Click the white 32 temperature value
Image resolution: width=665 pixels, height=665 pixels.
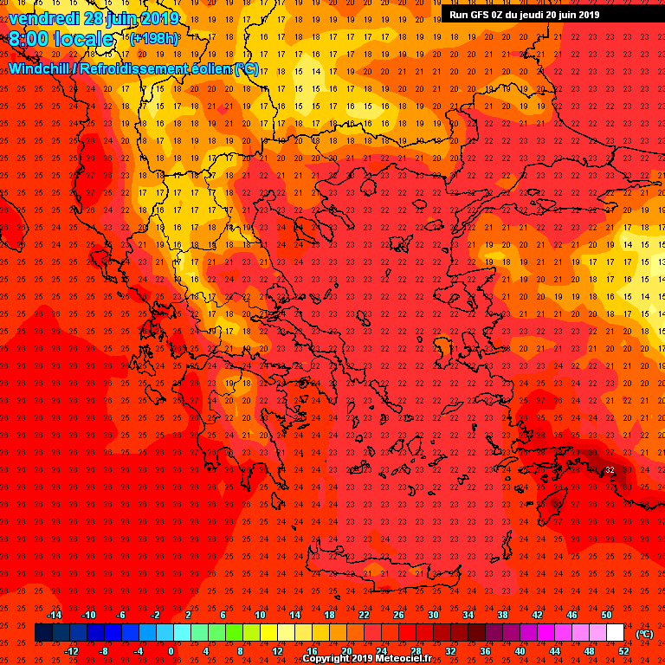610,469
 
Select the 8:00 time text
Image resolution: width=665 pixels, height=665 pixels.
29,40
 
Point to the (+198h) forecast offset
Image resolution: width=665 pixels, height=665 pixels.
154,38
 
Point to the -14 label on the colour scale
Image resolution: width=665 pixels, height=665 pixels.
54,615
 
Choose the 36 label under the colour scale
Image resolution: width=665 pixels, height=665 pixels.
486,651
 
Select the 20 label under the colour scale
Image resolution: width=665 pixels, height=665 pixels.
346,651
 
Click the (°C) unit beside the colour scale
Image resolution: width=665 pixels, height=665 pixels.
644,634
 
